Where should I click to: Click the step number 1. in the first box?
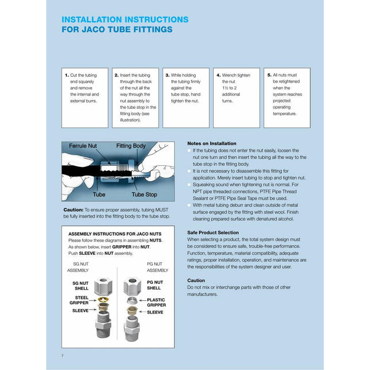tap(67, 75)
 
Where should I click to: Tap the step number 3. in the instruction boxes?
tap(167, 75)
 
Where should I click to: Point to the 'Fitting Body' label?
tap(131, 146)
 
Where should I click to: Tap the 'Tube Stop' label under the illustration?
tap(144, 194)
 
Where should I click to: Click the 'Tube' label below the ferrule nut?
tap(100, 194)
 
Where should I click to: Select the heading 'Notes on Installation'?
tap(212, 143)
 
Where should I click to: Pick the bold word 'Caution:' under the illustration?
tap(73, 209)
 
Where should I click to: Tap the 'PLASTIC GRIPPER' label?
tap(156, 302)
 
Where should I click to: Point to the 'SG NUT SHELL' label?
tap(81, 285)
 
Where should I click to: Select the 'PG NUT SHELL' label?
tap(154, 285)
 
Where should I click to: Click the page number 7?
tap(62, 356)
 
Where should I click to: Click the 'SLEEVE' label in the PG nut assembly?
tap(155, 312)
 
